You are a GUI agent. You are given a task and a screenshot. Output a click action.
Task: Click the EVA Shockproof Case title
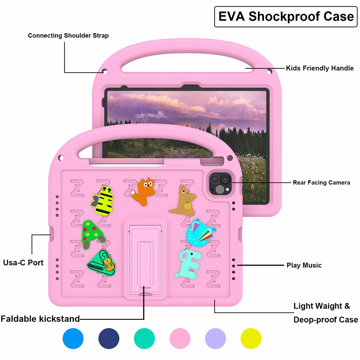pos(286,17)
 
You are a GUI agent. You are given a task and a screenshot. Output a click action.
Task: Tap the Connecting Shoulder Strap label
pos(68,36)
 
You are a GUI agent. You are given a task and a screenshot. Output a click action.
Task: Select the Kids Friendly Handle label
pos(320,68)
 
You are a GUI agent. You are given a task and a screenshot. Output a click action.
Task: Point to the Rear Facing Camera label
pos(321,183)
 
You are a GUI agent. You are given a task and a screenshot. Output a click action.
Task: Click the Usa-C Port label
pos(23,262)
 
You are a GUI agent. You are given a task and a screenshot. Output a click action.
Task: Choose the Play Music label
pos(304,265)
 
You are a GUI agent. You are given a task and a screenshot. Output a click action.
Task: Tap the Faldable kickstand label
pos(40,319)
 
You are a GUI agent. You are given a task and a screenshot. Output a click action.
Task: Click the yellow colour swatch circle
pos(251,338)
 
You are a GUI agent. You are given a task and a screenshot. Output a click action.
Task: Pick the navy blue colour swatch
pos(109,338)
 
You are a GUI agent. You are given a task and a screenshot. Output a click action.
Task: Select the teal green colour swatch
pos(144,338)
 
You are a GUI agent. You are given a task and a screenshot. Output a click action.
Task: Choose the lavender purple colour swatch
pos(215,338)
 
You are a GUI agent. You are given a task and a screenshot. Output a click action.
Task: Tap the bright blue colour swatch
pos(73,338)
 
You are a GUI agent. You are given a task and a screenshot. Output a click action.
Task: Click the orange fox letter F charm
pos(143,192)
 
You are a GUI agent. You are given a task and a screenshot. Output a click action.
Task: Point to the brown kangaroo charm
pos(183,201)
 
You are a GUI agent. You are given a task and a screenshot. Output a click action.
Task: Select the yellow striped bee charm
pos(102,201)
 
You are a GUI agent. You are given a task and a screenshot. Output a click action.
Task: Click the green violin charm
pos(102,263)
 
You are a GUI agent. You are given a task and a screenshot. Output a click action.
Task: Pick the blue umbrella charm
pos(201,232)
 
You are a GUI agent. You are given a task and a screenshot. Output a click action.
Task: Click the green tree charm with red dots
pos(93,234)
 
